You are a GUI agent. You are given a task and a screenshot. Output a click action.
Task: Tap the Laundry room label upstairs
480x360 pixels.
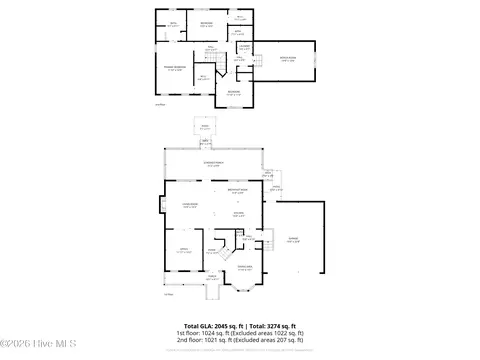coord(243,45)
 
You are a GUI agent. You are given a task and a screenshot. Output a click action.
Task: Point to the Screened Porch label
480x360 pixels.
coord(213,165)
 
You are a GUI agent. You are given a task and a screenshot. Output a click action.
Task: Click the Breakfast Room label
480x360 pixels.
coord(238,191)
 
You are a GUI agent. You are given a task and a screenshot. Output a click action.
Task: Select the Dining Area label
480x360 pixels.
coord(243,267)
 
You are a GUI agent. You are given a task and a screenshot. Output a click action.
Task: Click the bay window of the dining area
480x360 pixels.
coord(243,290)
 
